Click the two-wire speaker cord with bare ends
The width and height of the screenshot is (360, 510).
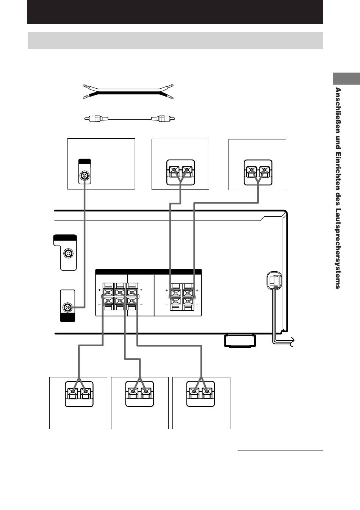[x=128, y=92]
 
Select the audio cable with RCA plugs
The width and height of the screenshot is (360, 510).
[x=130, y=119]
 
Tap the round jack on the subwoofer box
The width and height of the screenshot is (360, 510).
[x=85, y=176]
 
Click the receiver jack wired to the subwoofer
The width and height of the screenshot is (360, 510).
[x=67, y=307]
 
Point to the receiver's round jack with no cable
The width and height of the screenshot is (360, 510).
[x=68, y=253]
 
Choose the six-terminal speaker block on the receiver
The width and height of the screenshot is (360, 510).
[x=120, y=296]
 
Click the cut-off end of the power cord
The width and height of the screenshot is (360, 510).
[x=292, y=341]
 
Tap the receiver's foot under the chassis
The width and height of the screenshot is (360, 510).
[x=240, y=341]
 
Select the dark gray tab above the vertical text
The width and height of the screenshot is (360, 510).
[x=346, y=79]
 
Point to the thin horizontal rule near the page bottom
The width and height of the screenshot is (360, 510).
[x=280, y=451]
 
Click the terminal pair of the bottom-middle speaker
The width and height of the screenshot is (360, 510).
[x=139, y=394]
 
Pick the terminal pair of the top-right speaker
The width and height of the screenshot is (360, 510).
[x=258, y=172]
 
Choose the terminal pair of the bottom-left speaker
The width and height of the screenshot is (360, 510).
[x=79, y=394]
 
